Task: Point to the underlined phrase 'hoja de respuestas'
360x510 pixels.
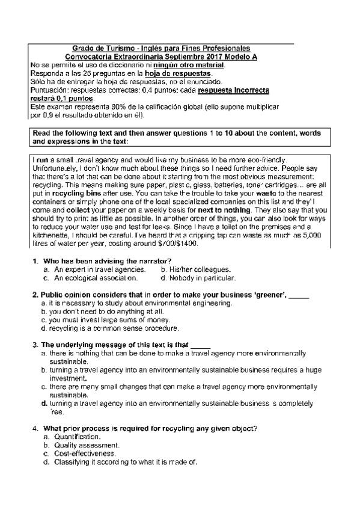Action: pyautogui.click(x=178, y=73)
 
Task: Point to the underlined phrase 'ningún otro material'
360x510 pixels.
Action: pyautogui.click(x=189, y=64)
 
